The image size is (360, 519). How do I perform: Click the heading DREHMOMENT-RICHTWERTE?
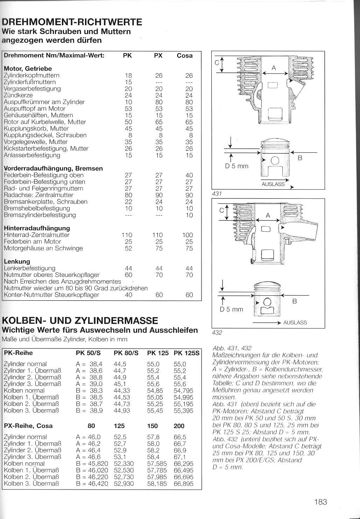click(x=72, y=22)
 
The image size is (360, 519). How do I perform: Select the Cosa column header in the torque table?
click(x=184, y=56)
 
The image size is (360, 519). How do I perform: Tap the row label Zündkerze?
click(x=18, y=95)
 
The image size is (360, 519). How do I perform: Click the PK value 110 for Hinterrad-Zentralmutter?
click(x=127, y=235)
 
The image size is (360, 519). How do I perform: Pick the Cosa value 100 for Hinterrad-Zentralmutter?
click(x=188, y=235)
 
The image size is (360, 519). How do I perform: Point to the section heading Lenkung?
click(x=17, y=261)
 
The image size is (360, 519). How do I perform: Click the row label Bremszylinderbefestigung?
click(x=40, y=215)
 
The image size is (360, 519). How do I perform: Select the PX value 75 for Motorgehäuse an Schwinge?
click(x=159, y=248)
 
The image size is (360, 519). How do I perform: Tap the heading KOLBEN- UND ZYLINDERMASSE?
click(x=80, y=320)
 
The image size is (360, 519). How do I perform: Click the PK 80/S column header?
click(x=126, y=353)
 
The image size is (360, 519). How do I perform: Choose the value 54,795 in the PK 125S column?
click(x=183, y=391)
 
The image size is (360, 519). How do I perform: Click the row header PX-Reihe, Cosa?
click(x=28, y=426)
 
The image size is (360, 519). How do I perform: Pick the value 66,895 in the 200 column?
click(x=183, y=484)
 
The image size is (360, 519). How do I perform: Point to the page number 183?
click(x=320, y=502)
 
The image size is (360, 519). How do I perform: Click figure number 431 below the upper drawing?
click(x=217, y=194)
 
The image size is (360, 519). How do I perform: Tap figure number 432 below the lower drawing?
click(x=217, y=332)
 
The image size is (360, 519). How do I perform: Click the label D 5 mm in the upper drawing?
click(x=237, y=166)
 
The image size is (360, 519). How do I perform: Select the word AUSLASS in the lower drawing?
click(x=295, y=323)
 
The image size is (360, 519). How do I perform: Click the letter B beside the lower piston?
click(x=295, y=301)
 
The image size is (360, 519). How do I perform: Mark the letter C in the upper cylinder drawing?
click(x=217, y=63)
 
